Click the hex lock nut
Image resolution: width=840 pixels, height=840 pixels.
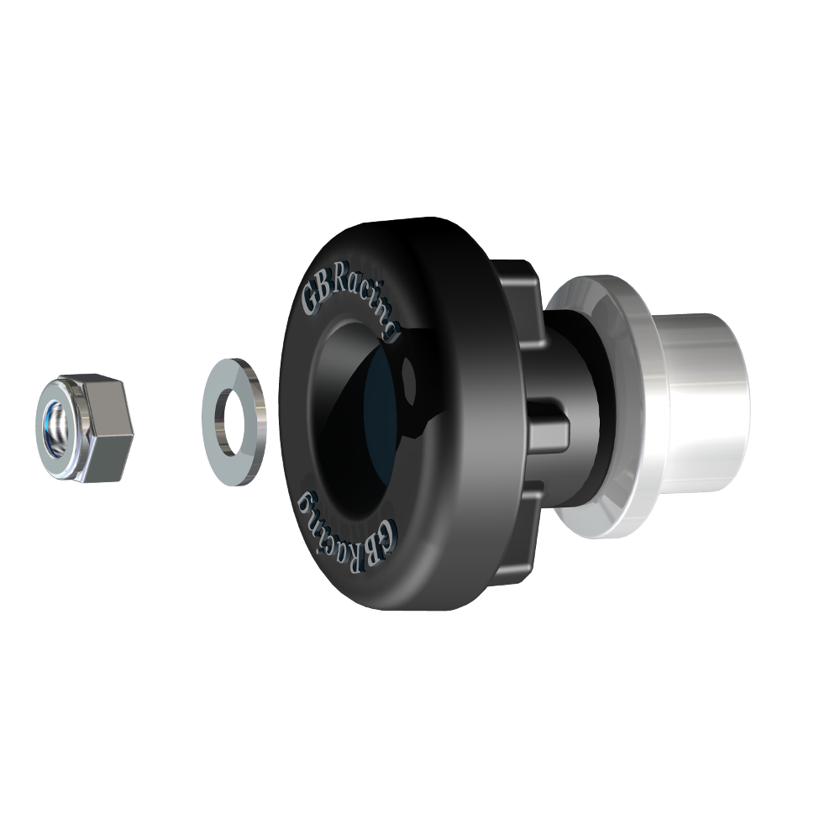(x=84, y=428)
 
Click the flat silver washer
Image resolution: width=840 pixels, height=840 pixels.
(x=234, y=420)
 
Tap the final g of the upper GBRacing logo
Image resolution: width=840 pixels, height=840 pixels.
(x=388, y=333)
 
